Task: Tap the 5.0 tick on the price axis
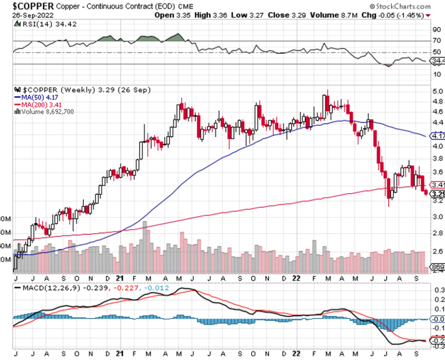(437, 91)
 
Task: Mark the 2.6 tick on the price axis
(437, 251)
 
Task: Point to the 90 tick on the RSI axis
(437, 30)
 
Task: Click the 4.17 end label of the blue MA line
(438, 136)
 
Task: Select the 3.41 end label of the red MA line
(438, 185)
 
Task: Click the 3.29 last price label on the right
(438, 194)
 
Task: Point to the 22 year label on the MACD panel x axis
(296, 354)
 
